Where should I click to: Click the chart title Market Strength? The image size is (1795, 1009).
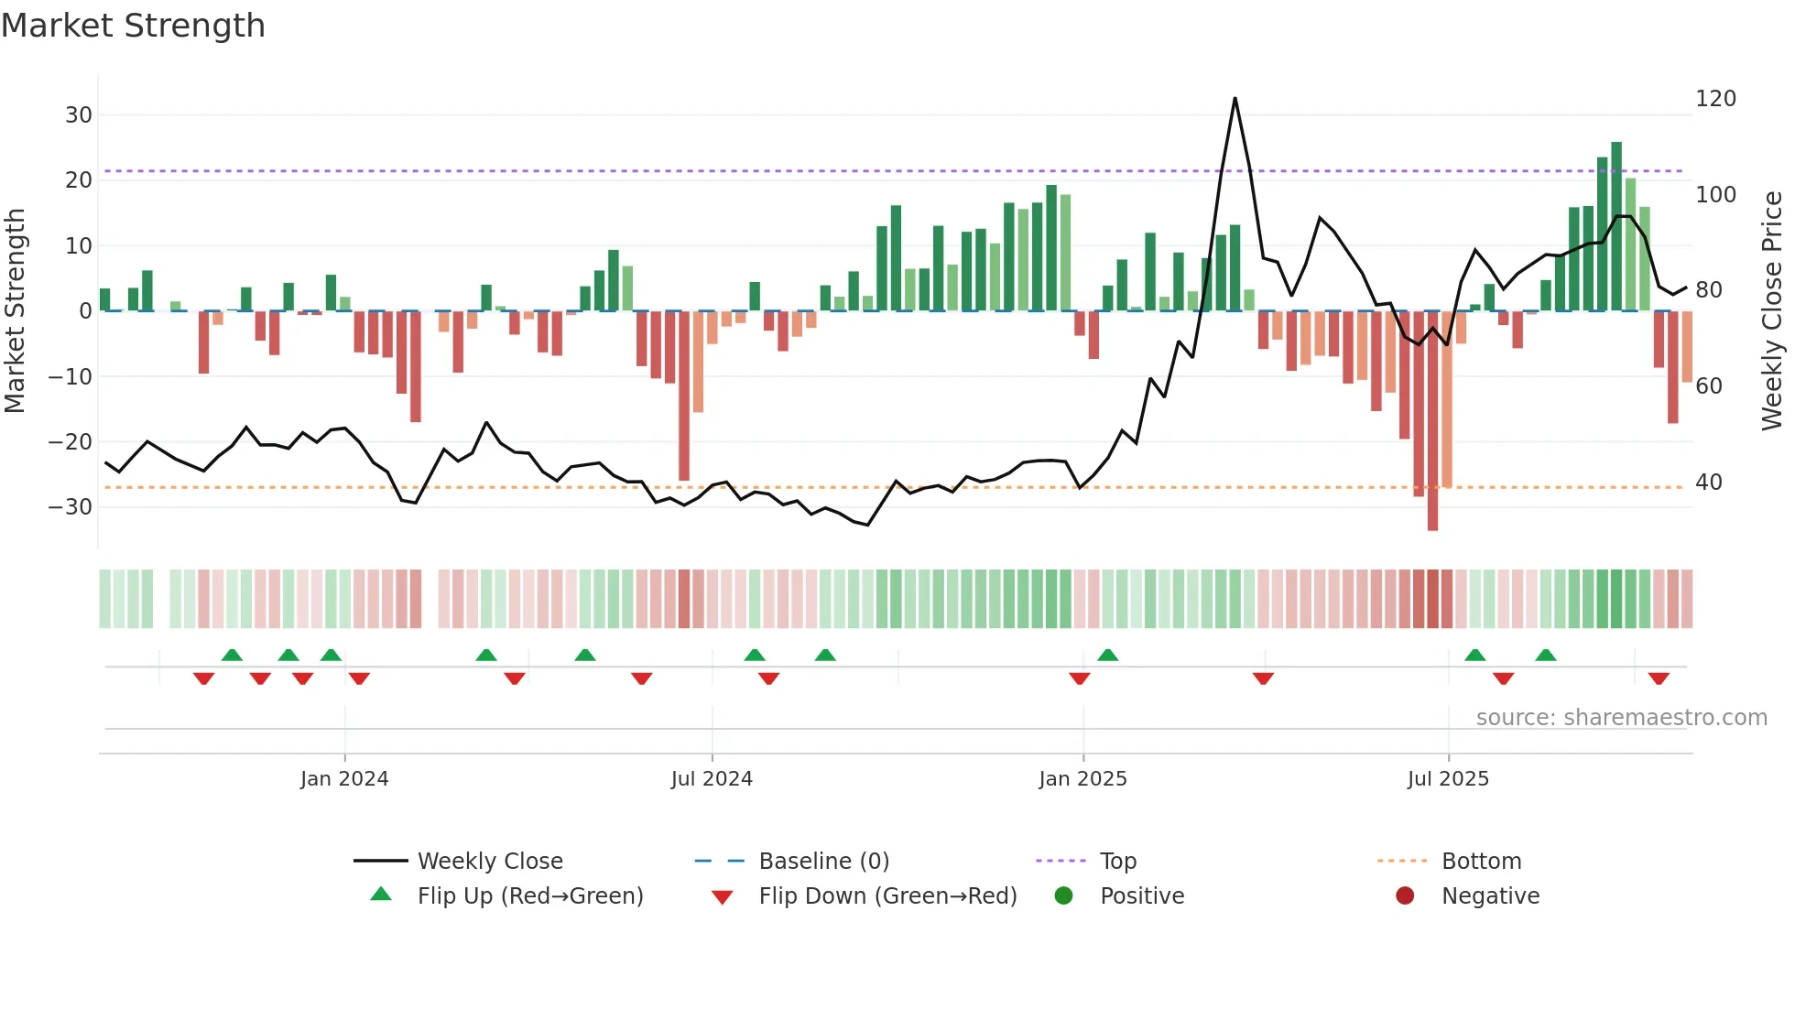pyautogui.click(x=133, y=26)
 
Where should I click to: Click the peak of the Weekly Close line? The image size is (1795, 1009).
pyautogui.click(x=1235, y=99)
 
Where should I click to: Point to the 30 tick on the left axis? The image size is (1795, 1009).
pyautogui.click(x=79, y=115)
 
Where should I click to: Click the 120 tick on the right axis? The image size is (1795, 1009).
pyautogui.click(x=1715, y=99)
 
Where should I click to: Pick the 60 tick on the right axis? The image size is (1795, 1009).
pyautogui.click(x=1709, y=386)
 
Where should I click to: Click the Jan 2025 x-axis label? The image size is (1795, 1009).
pyautogui.click(x=1082, y=779)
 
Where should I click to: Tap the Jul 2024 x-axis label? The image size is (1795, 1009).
pyautogui.click(x=712, y=779)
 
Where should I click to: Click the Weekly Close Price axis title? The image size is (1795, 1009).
pyautogui.click(x=1772, y=311)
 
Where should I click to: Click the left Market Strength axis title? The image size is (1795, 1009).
pyautogui.click(x=15, y=311)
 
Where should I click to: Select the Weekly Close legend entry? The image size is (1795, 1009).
pyautogui.click(x=489, y=862)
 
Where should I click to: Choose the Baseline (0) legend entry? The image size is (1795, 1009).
pyautogui.click(x=823, y=862)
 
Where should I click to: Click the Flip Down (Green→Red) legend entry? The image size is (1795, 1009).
pyautogui.click(x=887, y=896)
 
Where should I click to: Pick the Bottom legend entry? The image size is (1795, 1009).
pyautogui.click(x=1481, y=862)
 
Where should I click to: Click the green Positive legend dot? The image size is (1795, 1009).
pyautogui.click(x=1063, y=896)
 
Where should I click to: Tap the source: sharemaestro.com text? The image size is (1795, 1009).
pyautogui.click(x=1621, y=718)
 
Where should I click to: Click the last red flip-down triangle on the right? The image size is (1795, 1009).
pyautogui.click(x=1659, y=678)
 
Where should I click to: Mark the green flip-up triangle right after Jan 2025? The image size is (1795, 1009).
pyautogui.click(x=1107, y=655)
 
